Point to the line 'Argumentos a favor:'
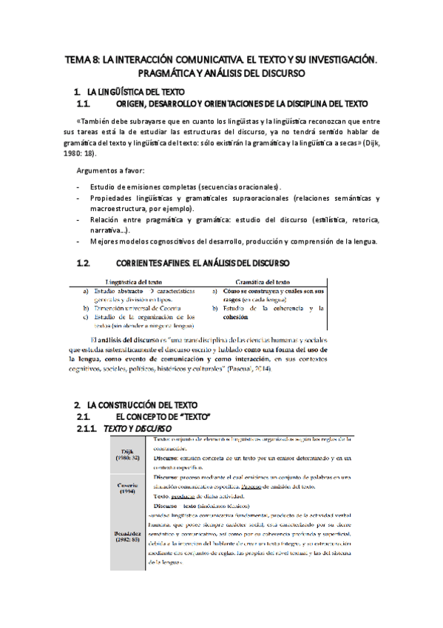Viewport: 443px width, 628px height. pyautogui.click(x=110, y=171)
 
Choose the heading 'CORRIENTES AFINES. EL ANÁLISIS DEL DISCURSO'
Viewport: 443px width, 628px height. pyautogui.click(x=203, y=264)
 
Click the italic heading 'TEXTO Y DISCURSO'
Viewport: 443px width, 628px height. pyautogui.click(x=137, y=430)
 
